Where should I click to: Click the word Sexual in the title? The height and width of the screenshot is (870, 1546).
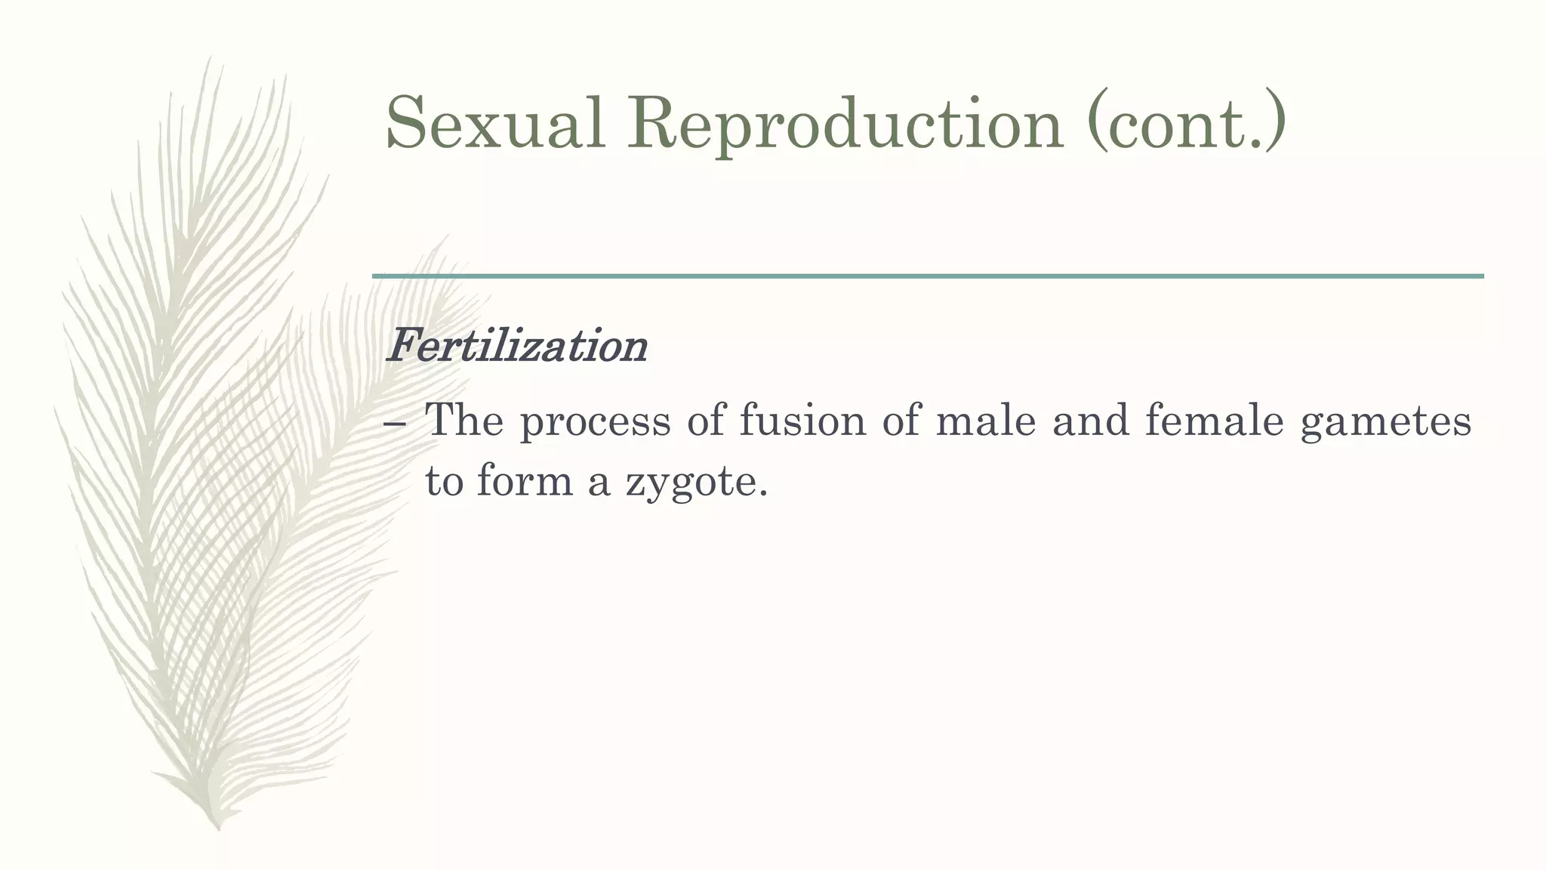(495, 123)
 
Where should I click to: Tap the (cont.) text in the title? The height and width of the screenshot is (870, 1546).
(1186, 123)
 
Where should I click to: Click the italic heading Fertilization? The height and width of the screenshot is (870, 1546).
(516, 347)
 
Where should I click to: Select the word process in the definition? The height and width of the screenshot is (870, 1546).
(595, 421)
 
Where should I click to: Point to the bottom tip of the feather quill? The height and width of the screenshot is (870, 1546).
(217, 828)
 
